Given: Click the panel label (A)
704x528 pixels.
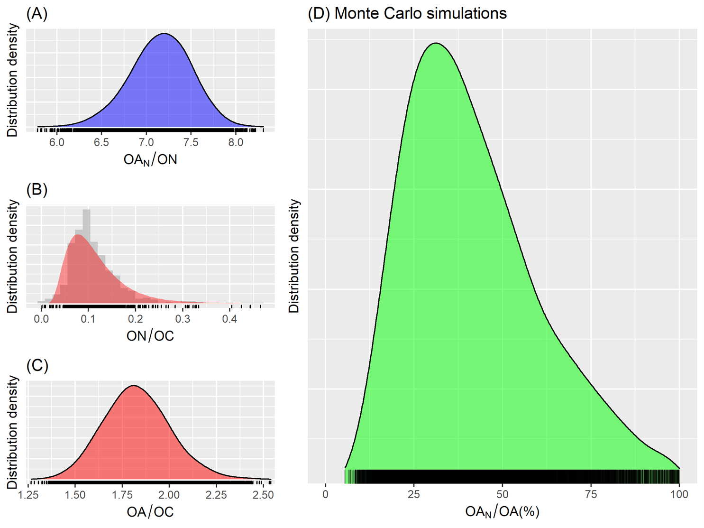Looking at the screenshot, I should coord(37,14).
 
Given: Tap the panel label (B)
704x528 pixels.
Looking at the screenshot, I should coord(37,190).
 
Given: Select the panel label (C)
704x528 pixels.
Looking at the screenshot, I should coord(37,366).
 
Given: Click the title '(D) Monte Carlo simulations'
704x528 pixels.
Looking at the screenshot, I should coord(407,13).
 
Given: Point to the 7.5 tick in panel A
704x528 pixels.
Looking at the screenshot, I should coord(191,142).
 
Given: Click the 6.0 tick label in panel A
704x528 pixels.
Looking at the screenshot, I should coord(57,142).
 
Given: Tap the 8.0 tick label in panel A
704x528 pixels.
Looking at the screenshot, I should coord(236,142).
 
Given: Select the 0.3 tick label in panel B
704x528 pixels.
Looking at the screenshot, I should coord(183,319).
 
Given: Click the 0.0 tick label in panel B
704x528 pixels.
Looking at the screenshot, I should coord(41,319).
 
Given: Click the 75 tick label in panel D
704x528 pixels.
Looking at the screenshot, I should coord(591,494).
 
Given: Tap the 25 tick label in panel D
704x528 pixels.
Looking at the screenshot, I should coord(414,494).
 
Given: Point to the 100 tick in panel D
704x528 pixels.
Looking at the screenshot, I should coord(679,494).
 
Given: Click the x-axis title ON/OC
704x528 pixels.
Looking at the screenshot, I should coord(150,336).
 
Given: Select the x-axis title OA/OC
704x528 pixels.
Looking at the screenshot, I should coord(150,512).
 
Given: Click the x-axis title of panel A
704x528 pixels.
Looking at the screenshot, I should coord(150,159).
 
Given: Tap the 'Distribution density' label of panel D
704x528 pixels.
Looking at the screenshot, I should coord(294,256).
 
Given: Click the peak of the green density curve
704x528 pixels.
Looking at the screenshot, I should coord(436,44).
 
